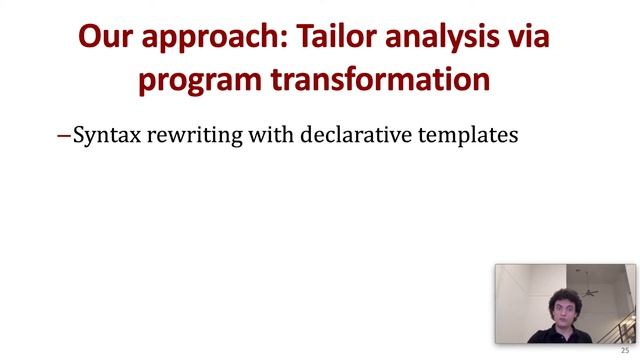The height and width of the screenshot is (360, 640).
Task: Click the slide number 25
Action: (x=626, y=351)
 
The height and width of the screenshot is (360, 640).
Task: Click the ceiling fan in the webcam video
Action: (x=590, y=292)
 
